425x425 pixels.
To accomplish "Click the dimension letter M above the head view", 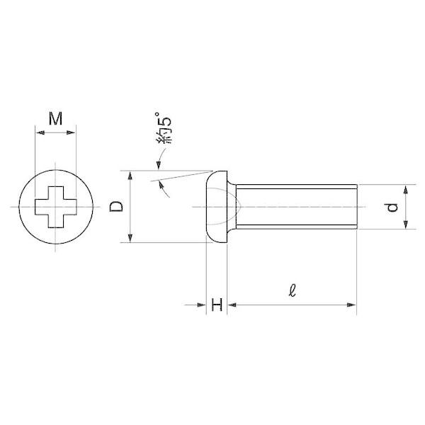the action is point(55,118).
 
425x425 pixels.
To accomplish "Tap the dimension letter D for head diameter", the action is point(116,207).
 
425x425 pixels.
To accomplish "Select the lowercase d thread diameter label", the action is point(392,208).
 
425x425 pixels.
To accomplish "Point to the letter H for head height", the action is point(217,305).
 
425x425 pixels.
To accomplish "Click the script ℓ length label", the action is point(292,290).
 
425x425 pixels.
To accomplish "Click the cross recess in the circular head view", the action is point(56,207).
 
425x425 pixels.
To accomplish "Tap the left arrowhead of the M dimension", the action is point(40,132).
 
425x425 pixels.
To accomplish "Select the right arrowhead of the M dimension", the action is point(71,132).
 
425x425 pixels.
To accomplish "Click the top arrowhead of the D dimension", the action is point(130,176).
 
